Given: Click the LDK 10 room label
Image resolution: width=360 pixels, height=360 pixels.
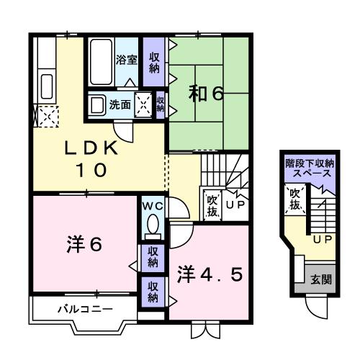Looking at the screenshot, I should [91, 158].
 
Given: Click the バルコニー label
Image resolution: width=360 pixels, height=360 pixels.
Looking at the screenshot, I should [85, 309].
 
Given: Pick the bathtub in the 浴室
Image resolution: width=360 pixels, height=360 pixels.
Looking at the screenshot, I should [101, 54].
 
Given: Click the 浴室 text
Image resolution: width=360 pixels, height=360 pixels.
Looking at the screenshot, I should [127, 60].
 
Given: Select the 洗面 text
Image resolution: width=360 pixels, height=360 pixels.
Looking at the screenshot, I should [120, 104].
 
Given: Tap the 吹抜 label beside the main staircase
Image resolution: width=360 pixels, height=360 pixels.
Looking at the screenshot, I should [212, 205].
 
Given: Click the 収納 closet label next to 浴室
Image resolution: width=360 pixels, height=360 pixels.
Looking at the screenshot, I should [154, 62].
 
